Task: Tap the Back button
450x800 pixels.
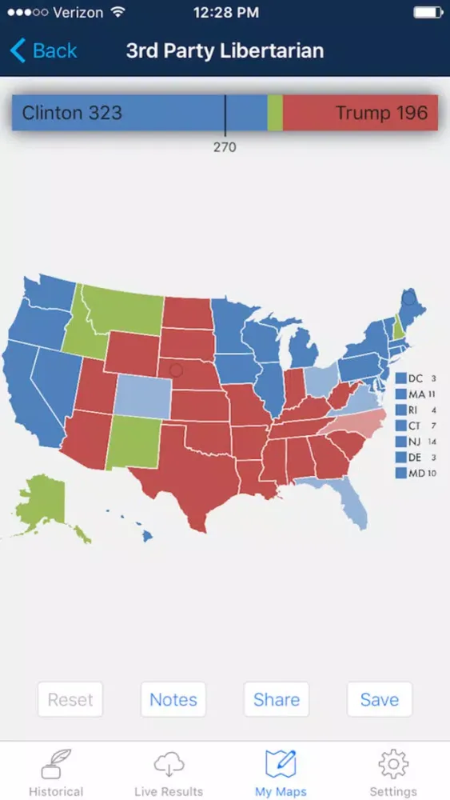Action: [44, 51]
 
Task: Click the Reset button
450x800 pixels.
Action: [70, 699]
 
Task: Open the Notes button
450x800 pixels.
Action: [173, 699]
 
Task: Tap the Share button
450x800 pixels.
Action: [277, 699]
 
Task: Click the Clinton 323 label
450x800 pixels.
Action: [72, 113]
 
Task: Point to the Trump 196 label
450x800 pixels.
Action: [382, 113]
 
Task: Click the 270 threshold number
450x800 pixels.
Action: [225, 147]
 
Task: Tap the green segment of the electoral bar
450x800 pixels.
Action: [275, 113]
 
